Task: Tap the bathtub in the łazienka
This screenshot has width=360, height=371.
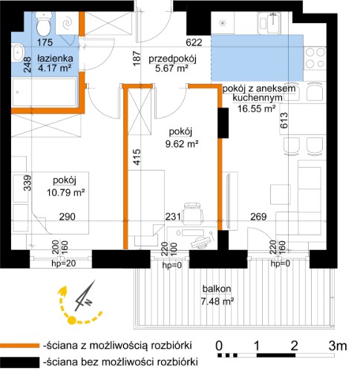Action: pyautogui.click(x=44, y=92)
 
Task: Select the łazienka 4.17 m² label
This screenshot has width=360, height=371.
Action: pyautogui.click(x=55, y=63)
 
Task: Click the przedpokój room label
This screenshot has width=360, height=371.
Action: pyautogui.click(x=172, y=59)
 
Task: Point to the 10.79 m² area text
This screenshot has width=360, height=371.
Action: pyautogui.click(x=66, y=192)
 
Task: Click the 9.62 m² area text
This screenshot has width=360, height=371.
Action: pyautogui.click(x=182, y=144)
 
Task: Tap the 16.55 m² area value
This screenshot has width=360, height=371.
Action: pyautogui.click(x=257, y=108)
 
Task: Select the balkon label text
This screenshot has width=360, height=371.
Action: pyautogui.click(x=217, y=289)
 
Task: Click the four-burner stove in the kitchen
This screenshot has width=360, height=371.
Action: pyautogui.click(x=315, y=58)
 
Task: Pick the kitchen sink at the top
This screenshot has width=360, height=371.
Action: pyautogui.click(x=269, y=23)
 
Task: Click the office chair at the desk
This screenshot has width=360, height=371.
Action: pyautogui.click(x=192, y=213)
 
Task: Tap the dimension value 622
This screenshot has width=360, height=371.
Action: pyautogui.click(x=194, y=42)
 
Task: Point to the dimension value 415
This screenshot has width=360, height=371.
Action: pyautogui.click(x=137, y=157)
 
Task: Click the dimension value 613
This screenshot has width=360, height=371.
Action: pyautogui.click(x=284, y=120)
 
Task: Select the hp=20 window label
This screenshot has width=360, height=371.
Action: pyautogui.click(x=64, y=263)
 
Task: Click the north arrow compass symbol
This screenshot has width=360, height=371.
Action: pyautogui.click(x=85, y=296)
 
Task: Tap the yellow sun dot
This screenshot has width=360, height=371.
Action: pyautogui.click(x=71, y=321)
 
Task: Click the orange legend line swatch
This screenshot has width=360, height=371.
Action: pyautogui.click(x=19, y=345)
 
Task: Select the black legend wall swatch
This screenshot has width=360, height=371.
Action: pyautogui.click(x=19, y=362)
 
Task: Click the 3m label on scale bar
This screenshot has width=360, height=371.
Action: pyautogui.click(x=338, y=346)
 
